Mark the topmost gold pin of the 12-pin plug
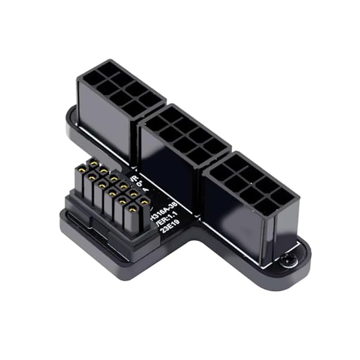94,162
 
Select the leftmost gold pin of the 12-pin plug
80,171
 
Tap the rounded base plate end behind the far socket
71,120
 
